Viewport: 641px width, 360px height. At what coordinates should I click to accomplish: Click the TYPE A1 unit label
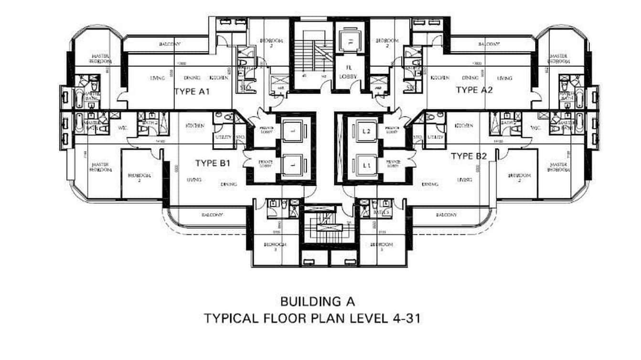pos(192,91)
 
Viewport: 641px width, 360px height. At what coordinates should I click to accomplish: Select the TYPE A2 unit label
pos(473,90)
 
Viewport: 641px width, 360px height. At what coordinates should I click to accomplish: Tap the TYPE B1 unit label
pos(213,163)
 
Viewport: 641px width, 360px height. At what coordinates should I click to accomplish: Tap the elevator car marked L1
pos(366,166)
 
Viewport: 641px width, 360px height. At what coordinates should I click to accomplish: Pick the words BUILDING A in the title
pos(317,301)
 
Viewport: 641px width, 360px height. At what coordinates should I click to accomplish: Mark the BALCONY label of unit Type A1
pos(170,44)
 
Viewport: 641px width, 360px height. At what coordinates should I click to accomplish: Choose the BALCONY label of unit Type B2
pos(446,215)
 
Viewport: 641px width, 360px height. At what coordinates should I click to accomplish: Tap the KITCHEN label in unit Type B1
pos(195,126)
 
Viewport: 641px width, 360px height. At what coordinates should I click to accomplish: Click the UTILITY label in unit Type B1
pos(224,137)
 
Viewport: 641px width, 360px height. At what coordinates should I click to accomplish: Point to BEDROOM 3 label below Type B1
pos(275,247)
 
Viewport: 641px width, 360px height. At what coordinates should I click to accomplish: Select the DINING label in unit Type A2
pos(470,78)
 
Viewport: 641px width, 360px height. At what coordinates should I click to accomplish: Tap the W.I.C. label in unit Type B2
pos(535,128)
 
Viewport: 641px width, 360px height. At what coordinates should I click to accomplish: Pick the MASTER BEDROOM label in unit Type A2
pos(557,59)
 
